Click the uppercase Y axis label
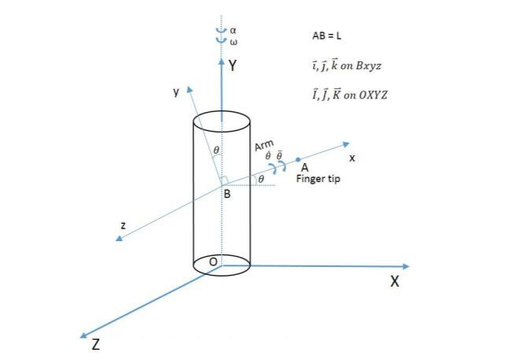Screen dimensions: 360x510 [232, 67]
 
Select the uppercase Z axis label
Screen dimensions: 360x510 [95, 344]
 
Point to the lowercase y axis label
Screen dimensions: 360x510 [176, 92]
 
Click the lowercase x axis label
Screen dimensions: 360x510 [352, 158]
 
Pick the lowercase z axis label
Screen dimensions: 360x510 [123, 225]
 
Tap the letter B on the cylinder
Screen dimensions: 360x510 [226, 194]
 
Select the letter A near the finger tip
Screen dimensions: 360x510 [305, 168]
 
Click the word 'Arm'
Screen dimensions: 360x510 [264, 147]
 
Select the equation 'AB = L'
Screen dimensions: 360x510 [326, 36]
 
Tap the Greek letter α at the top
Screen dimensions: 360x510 [233, 31]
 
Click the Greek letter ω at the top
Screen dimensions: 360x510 [233, 41]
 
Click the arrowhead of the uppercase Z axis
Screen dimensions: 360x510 [83, 332]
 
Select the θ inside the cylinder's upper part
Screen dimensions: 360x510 [216, 149]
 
